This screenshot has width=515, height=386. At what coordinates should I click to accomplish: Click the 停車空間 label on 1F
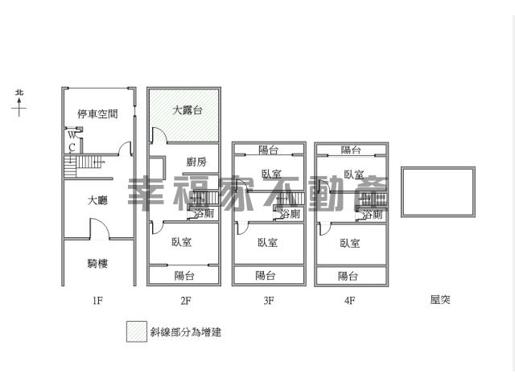[97, 114]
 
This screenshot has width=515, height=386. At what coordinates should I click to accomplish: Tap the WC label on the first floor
[72, 142]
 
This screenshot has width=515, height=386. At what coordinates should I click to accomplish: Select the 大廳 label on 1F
[97, 200]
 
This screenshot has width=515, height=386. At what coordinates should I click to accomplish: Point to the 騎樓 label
[97, 263]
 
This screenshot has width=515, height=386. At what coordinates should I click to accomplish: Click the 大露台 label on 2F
[187, 110]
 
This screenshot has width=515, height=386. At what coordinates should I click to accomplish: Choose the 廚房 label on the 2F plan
[196, 162]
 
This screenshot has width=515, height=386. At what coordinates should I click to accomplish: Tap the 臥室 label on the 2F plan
[182, 242]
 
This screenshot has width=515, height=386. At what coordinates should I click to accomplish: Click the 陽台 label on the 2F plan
[184, 275]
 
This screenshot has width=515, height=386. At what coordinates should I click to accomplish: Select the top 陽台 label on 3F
[269, 150]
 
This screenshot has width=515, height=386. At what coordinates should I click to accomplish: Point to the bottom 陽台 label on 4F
[348, 276]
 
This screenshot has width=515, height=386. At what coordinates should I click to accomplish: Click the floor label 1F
[97, 300]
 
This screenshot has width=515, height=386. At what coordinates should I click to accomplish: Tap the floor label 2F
[186, 300]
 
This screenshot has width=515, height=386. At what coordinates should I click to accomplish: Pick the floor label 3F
[269, 300]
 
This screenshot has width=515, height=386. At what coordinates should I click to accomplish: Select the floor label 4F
[350, 300]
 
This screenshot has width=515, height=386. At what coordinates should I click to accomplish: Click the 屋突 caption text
[440, 299]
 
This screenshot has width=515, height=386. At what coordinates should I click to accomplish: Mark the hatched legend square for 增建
[137, 331]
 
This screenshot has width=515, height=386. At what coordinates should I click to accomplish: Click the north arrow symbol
[19, 104]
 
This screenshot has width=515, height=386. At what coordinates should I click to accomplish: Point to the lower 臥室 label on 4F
[350, 243]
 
